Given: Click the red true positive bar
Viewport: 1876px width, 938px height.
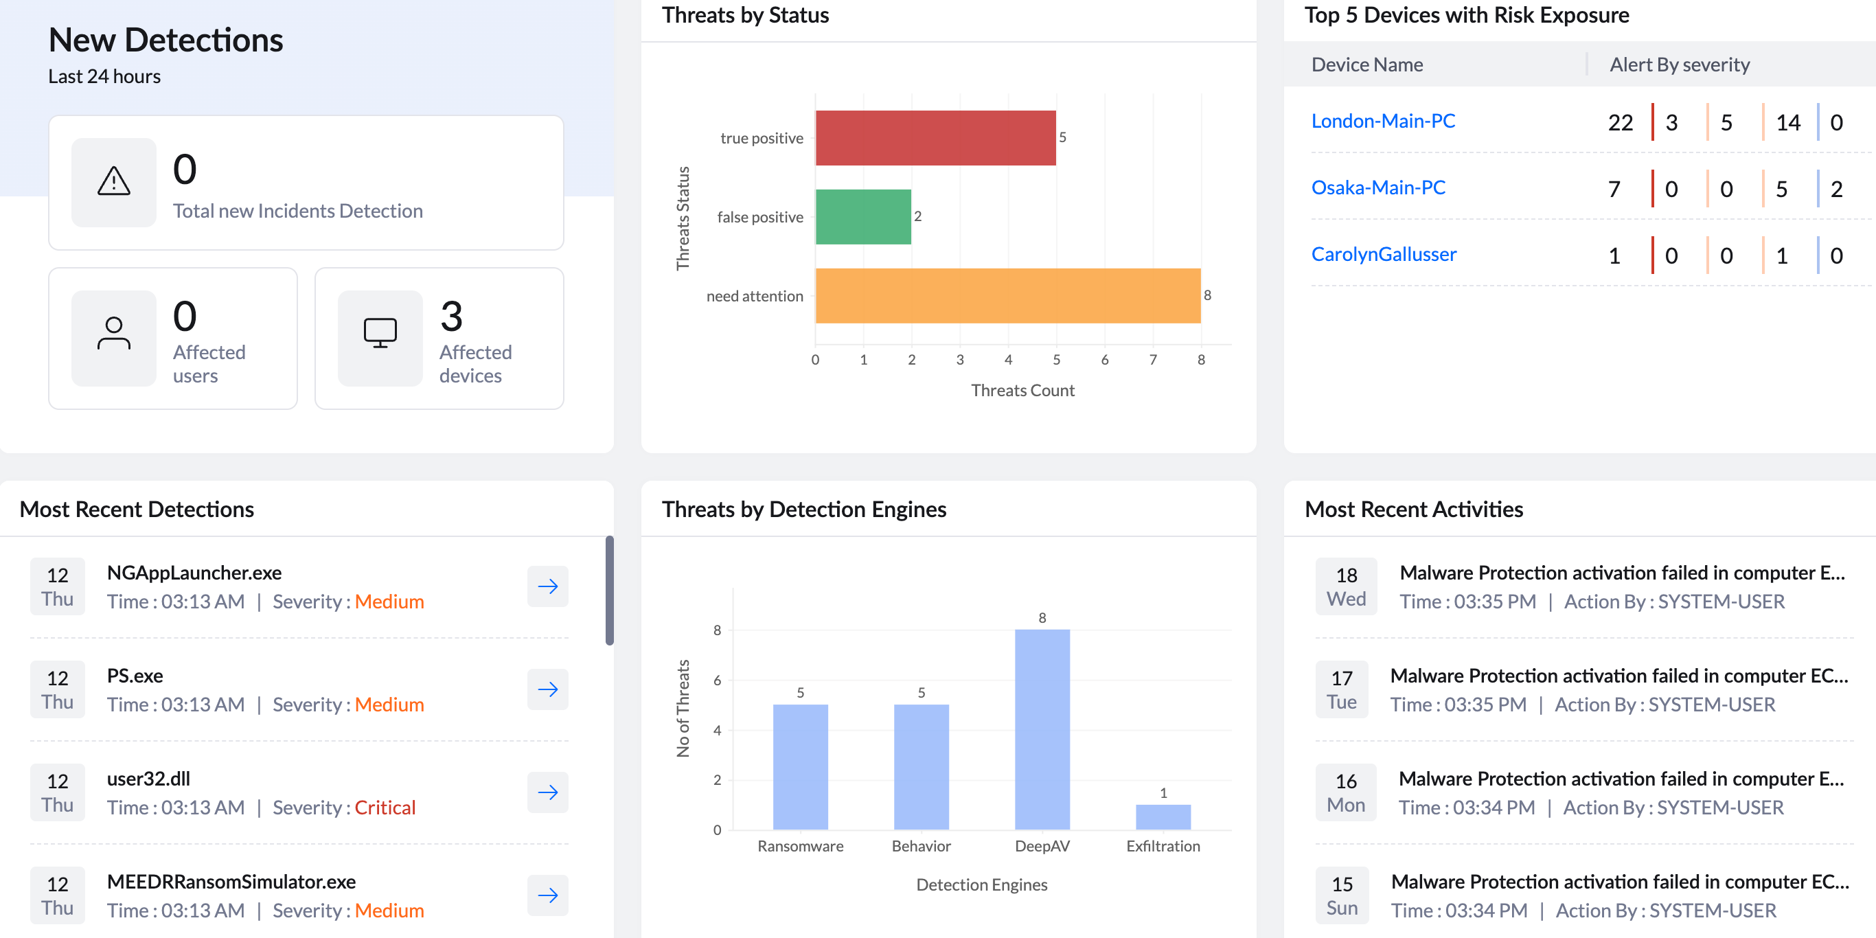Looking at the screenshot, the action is click(x=935, y=137).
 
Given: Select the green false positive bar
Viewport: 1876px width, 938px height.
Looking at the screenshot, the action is click(x=863, y=216).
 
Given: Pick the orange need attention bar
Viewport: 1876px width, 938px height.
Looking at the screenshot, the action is click(x=1008, y=296).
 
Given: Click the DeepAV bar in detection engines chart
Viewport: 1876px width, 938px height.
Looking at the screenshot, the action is click(x=1042, y=729).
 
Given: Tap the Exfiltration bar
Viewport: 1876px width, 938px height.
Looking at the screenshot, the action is click(x=1163, y=817).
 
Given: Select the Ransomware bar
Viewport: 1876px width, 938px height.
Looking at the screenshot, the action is click(x=801, y=767).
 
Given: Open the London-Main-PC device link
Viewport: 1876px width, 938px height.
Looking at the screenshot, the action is click(x=1383, y=121).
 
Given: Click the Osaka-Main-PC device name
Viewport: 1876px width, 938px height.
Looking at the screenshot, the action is click(x=1378, y=187).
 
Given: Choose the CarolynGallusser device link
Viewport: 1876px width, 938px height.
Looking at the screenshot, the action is click(x=1384, y=254).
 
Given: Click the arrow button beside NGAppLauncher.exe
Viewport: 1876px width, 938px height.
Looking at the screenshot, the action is click(x=548, y=586).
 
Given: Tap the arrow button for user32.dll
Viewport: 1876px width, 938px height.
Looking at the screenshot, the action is click(x=548, y=792).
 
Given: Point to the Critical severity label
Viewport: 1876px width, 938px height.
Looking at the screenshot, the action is click(x=385, y=808).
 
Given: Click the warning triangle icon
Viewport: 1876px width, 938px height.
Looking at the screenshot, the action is click(x=113, y=181).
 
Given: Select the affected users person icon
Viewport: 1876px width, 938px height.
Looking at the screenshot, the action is click(x=113, y=334).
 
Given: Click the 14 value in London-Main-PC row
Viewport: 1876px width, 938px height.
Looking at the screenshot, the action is click(x=1788, y=122).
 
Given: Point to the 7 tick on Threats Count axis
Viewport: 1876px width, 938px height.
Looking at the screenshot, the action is click(x=1153, y=360).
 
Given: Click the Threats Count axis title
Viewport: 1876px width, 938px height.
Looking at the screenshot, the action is click(x=1022, y=390).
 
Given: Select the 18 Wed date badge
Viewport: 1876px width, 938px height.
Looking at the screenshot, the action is click(x=1346, y=586).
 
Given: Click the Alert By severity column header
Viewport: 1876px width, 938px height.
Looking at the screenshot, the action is click(x=1680, y=65).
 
